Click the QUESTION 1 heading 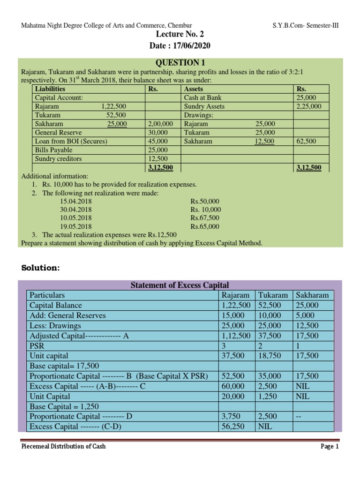(x=180, y=63)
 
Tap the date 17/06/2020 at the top (x=180, y=45)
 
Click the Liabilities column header (x=50, y=89)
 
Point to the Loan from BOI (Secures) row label (x=71, y=141)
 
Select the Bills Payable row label (x=54, y=150)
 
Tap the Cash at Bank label (x=203, y=97)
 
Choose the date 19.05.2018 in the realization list (x=76, y=226)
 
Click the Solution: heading (x=41, y=268)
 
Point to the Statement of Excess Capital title (x=180, y=285)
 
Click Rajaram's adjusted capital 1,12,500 (x=237, y=336)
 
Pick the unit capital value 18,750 (x=270, y=356)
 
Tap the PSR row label (x=37, y=346)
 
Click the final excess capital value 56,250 (x=233, y=427)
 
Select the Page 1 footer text (x=329, y=447)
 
